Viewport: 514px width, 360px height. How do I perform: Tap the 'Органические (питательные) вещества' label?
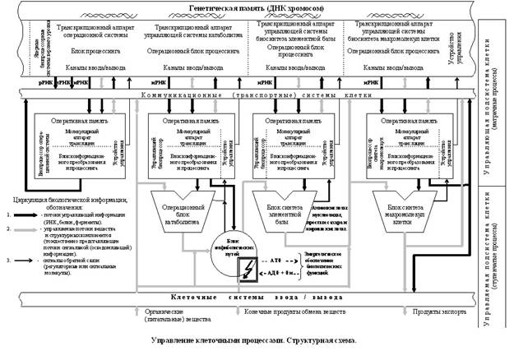[169, 314]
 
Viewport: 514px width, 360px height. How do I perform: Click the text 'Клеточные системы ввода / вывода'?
[251, 297]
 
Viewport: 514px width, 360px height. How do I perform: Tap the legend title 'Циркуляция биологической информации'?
[68, 200]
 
